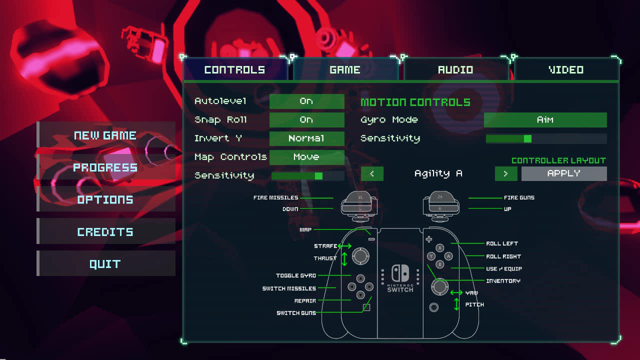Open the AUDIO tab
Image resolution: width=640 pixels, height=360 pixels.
[x=455, y=70]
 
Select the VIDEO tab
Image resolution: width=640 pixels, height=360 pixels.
[x=566, y=70]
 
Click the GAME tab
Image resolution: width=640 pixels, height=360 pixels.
[x=345, y=70]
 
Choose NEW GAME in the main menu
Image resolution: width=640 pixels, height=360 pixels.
[x=105, y=135]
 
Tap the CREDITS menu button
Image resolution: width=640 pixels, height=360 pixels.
[x=105, y=231]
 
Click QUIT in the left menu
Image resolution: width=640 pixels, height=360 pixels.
[x=105, y=263]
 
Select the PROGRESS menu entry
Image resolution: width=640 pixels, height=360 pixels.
[x=105, y=167]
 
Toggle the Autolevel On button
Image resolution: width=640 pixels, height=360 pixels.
[x=306, y=101]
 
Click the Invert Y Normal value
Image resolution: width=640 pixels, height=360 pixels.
[x=306, y=138]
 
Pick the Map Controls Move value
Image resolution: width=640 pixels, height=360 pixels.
[x=306, y=157]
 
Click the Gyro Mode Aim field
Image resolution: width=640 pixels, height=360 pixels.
[x=545, y=120]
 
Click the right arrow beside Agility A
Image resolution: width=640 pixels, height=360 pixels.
[x=506, y=173]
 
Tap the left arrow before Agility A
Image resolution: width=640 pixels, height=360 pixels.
[x=372, y=173]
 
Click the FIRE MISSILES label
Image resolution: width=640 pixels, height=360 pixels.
[x=275, y=197]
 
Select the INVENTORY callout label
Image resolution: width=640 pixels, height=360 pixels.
[x=503, y=281]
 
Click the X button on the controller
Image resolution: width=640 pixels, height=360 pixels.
[x=440, y=248]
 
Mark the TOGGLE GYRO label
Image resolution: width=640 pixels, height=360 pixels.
[x=296, y=275]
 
